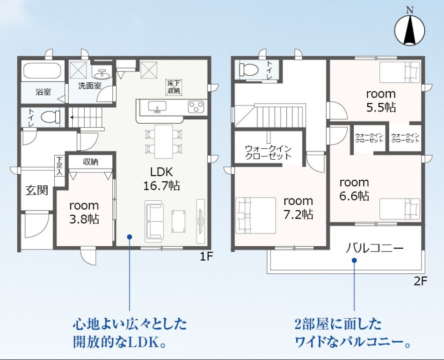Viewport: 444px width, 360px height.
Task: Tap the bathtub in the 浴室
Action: pos(43,71)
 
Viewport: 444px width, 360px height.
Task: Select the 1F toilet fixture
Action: pos(51,117)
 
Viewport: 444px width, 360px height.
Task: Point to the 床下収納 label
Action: pos(174,87)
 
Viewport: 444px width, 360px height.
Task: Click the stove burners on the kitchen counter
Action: pos(196,107)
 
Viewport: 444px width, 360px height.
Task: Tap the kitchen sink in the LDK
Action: pos(157,106)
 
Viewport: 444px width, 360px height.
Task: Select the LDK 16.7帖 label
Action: pos(161,179)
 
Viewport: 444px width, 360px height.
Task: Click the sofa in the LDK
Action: pos(154,221)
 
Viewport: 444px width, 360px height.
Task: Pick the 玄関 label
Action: pos(37,191)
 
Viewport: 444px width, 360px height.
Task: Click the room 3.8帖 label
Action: pos(84,212)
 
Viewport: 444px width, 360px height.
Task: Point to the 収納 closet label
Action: pos(91,162)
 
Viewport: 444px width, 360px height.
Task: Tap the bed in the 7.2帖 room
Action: pos(255,215)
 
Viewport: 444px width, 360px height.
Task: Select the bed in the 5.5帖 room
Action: pos(400,72)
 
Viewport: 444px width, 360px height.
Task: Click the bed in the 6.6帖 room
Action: pos(400,209)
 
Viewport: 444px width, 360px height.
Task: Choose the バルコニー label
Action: pos(374,249)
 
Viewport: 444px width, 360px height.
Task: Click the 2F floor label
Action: pos(421,281)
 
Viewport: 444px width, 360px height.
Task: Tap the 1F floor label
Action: pos(206,257)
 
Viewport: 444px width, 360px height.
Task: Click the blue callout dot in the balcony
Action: pos(354,260)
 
